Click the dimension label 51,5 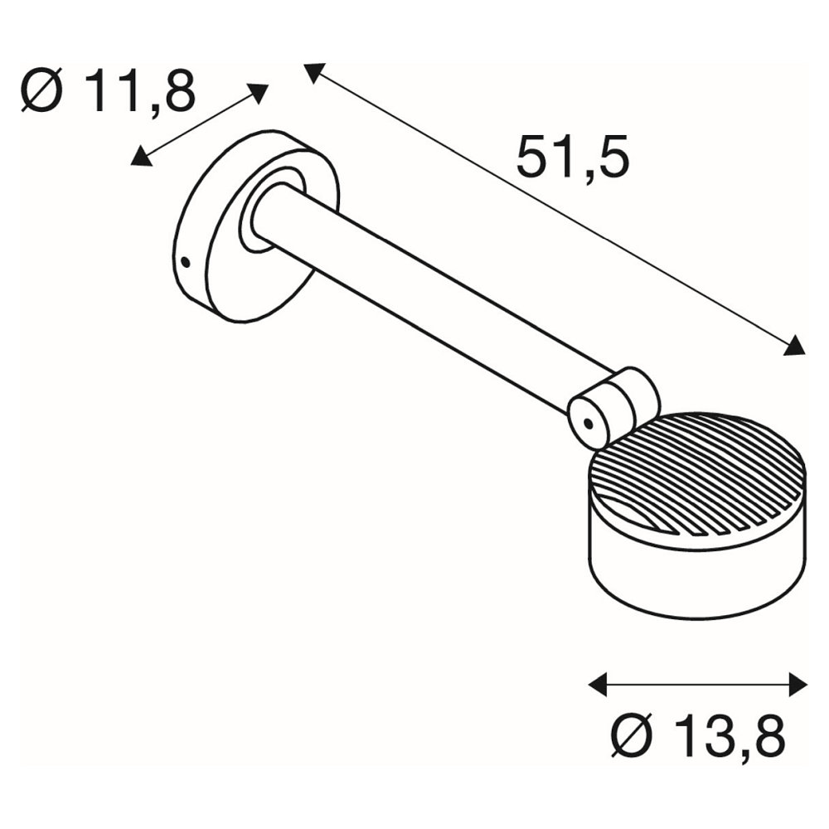click(573, 157)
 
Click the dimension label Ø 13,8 click(698, 736)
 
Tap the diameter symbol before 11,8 click(42, 90)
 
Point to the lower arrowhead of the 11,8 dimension click(141, 157)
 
